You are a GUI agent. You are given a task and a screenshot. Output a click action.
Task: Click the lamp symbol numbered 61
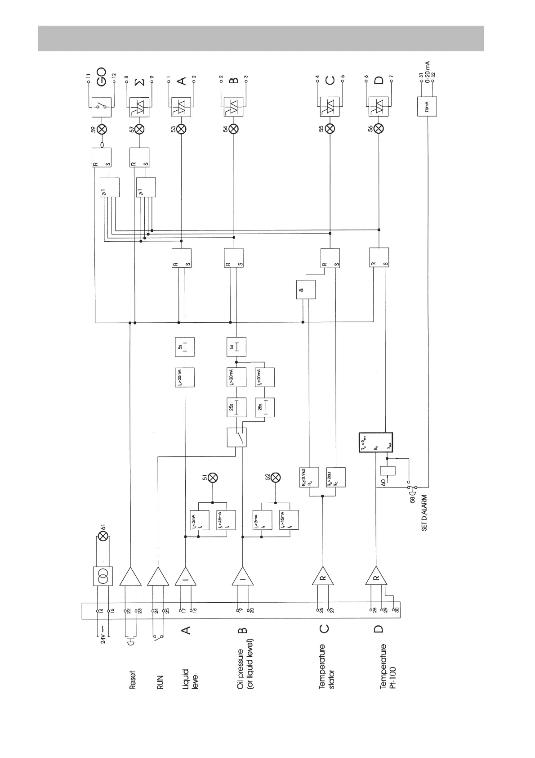(103, 536)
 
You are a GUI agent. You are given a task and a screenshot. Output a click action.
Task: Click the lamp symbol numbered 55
(330, 129)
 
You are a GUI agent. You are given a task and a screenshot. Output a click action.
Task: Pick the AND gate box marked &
(305, 290)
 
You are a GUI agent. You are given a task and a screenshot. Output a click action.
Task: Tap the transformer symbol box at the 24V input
(103, 577)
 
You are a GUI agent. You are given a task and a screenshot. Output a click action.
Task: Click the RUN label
(160, 681)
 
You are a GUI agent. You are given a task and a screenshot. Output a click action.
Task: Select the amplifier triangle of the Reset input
(130, 576)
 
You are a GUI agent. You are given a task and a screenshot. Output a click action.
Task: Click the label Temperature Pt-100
(387, 672)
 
